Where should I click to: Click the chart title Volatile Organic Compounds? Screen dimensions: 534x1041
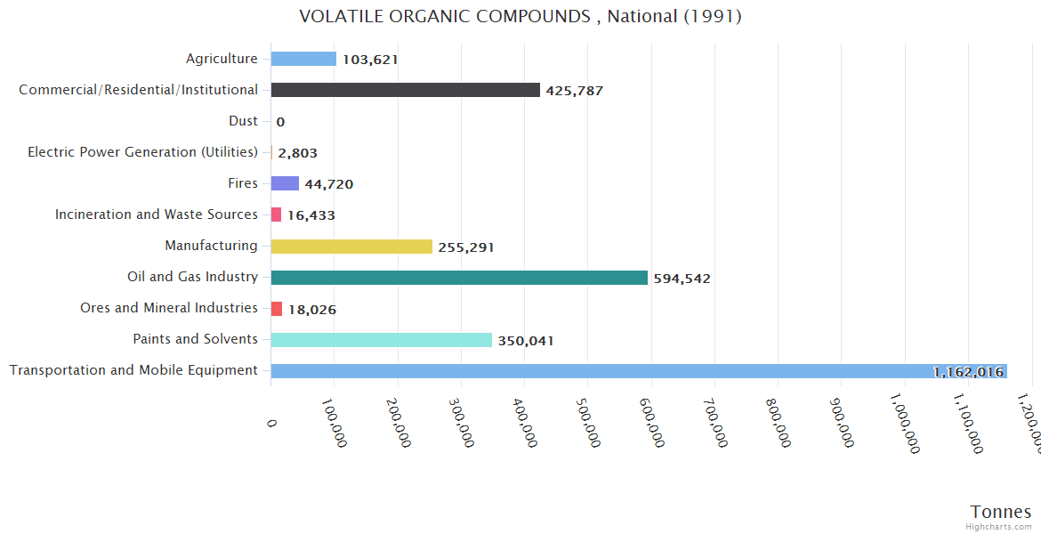(x=520, y=17)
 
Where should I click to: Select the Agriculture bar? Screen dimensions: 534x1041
(x=303, y=59)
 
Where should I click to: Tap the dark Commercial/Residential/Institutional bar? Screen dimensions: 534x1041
(x=405, y=90)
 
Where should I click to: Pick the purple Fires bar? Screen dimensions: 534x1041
(x=285, y=183)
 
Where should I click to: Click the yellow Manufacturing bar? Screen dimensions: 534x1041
(x=351, y=247)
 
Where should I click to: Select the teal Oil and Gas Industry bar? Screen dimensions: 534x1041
(x=459, y=278)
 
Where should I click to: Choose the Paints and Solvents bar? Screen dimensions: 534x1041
(x=381, y=340)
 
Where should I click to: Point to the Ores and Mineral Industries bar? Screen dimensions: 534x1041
(x=277, y=309)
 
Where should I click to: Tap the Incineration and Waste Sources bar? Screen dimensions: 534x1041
(x=276, y=214)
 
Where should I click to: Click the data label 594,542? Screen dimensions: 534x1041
(x=682, y=279)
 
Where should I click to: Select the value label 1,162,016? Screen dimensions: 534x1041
(x=968, y=372)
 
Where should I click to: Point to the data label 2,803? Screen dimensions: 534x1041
(x=297, y=153)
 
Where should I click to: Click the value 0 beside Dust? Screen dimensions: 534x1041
(x=280, y=122)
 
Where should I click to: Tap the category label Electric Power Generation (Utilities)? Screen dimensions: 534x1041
(x=142, y=152)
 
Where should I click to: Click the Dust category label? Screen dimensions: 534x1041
(x=243, y=121)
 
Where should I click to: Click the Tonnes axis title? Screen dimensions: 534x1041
(x=1001, y=512)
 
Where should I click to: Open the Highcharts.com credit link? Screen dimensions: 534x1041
(x=999, y=527)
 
